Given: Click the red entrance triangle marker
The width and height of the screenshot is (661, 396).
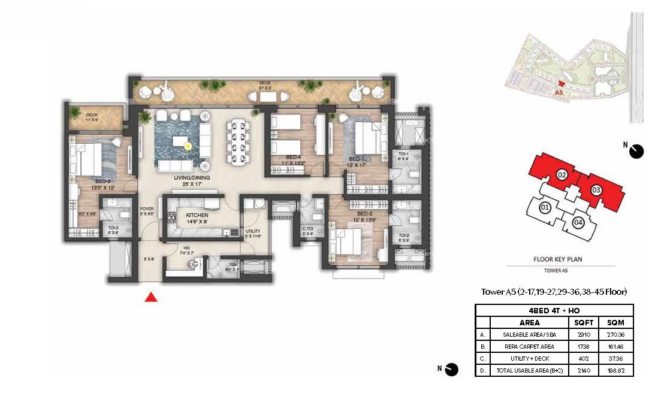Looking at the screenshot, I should coord(152,297).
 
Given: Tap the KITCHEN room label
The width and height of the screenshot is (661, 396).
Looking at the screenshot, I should coord(197,215).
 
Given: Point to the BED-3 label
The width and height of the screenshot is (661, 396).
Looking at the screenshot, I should coord(102,180).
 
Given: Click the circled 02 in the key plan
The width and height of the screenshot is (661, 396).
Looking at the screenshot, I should coord(562,176).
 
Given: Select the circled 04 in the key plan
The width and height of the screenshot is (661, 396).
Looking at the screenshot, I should coord(578,223).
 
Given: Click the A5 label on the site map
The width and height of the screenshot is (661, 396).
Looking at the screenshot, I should coord(559,93).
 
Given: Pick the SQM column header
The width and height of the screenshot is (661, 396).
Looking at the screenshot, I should coord(615,322).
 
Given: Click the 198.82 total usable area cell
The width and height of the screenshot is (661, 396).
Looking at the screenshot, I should coord(615,371).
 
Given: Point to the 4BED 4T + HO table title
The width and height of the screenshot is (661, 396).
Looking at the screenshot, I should coord(554,310).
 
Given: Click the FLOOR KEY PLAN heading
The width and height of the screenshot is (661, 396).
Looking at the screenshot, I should coord(559,259).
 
